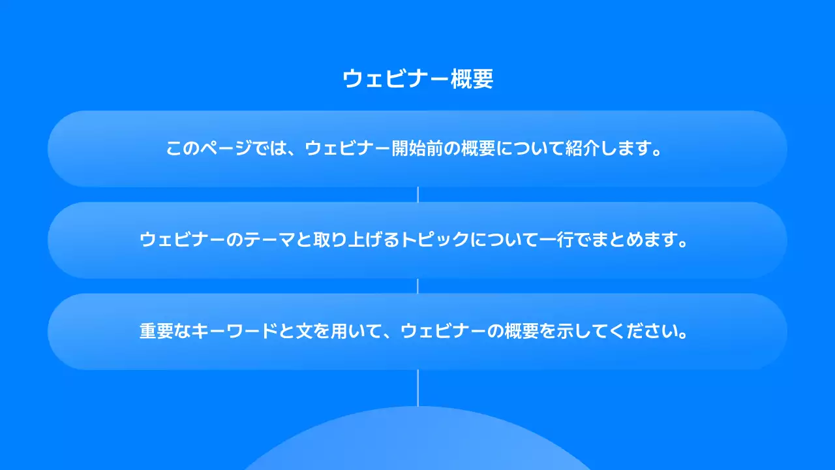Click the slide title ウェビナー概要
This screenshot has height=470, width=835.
point(417,80)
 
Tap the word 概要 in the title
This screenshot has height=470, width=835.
point(472,80)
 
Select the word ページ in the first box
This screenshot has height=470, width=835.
point(222,149)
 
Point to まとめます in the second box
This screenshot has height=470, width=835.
point(630,240)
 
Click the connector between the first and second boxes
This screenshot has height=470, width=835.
point(417,195)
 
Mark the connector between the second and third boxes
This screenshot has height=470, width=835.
point(417,286)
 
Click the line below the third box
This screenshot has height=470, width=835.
point(417,388)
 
